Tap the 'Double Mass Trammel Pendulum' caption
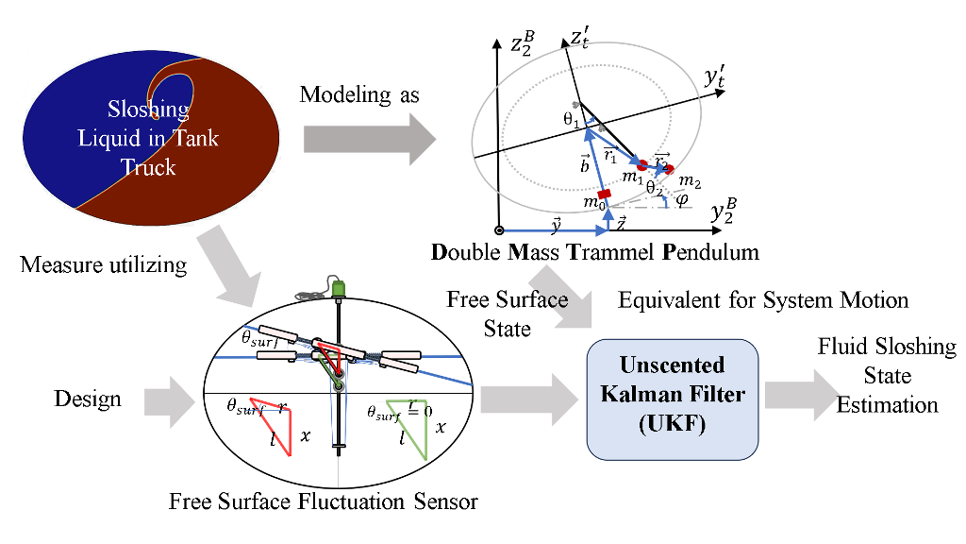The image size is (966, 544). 594,253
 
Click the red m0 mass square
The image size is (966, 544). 605,194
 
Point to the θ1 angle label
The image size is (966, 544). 568,121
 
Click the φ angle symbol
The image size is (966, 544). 682,199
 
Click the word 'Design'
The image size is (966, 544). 87,399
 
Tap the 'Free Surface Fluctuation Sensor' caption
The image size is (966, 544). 323,501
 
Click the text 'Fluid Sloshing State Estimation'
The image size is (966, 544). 887,376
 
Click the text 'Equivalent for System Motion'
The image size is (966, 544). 762,300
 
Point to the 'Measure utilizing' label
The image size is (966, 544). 104,264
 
